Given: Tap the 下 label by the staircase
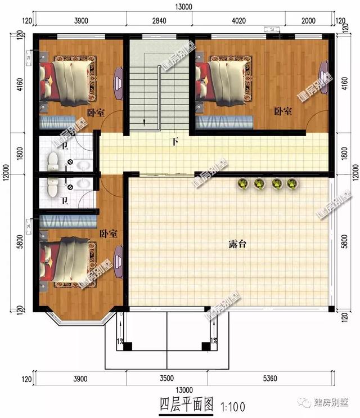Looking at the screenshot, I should pos(175,141).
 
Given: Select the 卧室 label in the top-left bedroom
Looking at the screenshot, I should pos(96,113).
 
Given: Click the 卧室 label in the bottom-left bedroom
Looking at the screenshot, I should pos(108,233).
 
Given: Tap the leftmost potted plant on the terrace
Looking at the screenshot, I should pos(243,183).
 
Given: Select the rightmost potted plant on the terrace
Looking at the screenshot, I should pos(291,183).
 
